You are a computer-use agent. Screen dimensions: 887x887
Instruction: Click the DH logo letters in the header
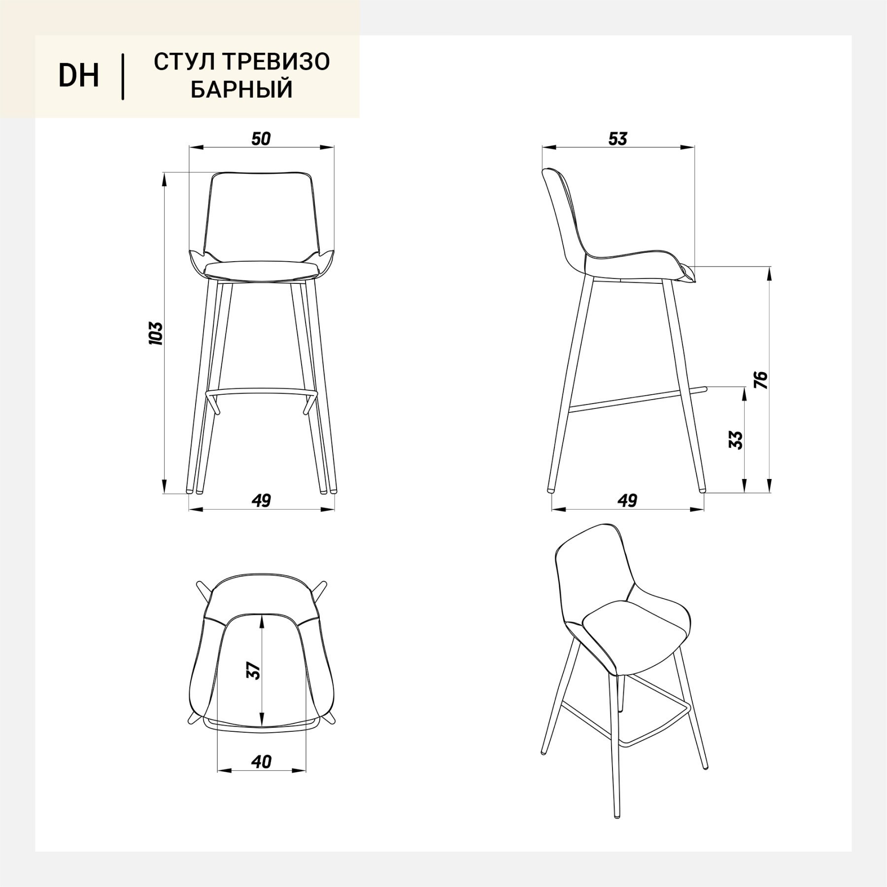pyautogui.click(x=79, y=76)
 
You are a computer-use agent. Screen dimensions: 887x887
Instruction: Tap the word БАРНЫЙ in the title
pyautogui.click(x=241, y=90)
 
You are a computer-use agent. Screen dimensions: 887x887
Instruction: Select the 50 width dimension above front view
pyautogui.click(x=261, y=139)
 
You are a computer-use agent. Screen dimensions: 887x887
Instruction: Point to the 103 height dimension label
pyautogui.click(x=156, y=333)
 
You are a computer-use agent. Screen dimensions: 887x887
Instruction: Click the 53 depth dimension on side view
pyautogui.click(x=617, y=139)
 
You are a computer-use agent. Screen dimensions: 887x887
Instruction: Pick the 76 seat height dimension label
pyautogui.click(x=762, y=379)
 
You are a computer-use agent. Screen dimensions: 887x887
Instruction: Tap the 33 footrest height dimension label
pyautogui.click(x=735, y=440)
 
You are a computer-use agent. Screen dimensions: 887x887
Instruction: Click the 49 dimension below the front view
pyautogui.click(x=261, y=500)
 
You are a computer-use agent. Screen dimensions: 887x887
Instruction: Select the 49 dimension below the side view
pyautogui.click(x=627, y=500)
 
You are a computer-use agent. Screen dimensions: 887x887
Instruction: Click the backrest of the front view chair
pyautogui.click(x=262, y=217)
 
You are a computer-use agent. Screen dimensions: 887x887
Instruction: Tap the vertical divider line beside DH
pyautogui.click(x=123, y=77)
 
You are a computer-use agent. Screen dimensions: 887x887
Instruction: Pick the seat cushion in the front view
pyautogui.click(x=262, y=270)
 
